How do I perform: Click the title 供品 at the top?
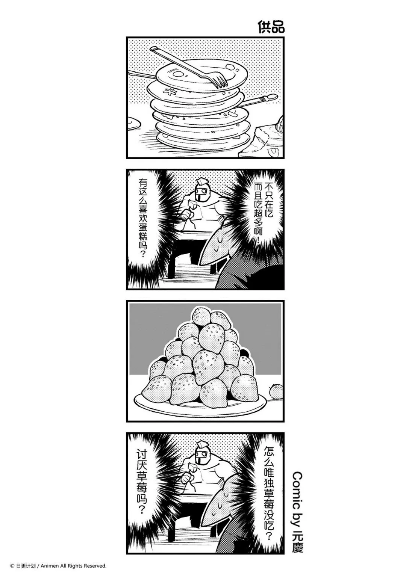tap(271, 27)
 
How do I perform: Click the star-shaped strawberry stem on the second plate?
tap(168, 91)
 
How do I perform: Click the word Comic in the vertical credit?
tap(297, 484)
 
